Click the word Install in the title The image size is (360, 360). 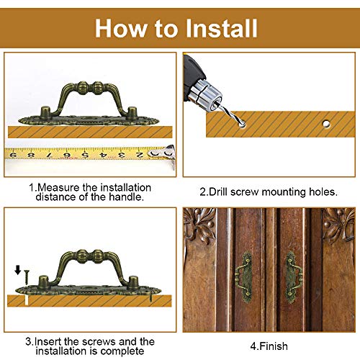point(222,29)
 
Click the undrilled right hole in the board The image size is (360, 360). point(326,124)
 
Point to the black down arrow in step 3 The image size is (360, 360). point(18,270)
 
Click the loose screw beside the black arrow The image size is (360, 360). point(27,278)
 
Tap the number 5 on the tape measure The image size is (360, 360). point(84,155)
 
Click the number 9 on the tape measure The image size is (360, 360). point(14,155)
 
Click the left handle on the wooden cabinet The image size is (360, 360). point(244,276)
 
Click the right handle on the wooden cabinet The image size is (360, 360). point(293,276)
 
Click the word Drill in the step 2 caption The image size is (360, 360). point(217,192)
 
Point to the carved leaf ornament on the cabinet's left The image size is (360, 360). point(199,225)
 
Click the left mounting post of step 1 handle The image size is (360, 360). point(45,113)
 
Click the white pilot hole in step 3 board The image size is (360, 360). point(27,300)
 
